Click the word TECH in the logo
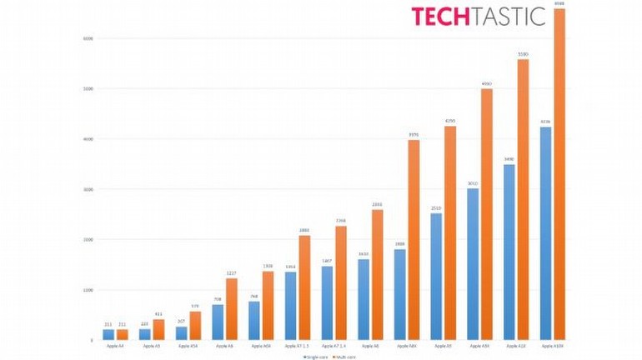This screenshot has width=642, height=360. coord(442,16)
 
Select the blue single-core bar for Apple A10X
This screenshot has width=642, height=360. coord(545,233)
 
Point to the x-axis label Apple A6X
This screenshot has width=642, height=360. coord(260,345)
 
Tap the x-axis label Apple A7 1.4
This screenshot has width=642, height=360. coord(334,345)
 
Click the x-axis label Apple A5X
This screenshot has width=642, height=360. coord(188,345)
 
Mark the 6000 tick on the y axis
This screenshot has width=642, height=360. coord(88,38)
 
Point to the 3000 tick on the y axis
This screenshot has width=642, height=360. coord(88,189)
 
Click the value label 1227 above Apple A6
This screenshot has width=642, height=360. coord(231,272)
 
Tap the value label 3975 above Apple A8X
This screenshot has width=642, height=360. coord(414,134)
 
